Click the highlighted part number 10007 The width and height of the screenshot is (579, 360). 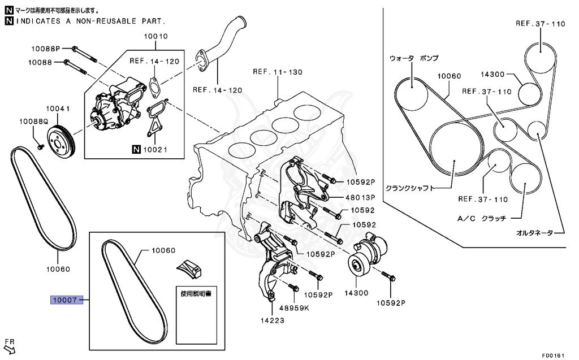tap(64, 300)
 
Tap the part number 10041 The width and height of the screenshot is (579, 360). tap(57, 109)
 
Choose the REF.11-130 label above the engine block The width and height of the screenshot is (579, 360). tap(278, 72)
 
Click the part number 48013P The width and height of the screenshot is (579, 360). tap(361, 198)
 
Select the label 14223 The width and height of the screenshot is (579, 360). tap(272, 320)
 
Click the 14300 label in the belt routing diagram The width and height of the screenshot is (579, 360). tap(492, 74)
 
